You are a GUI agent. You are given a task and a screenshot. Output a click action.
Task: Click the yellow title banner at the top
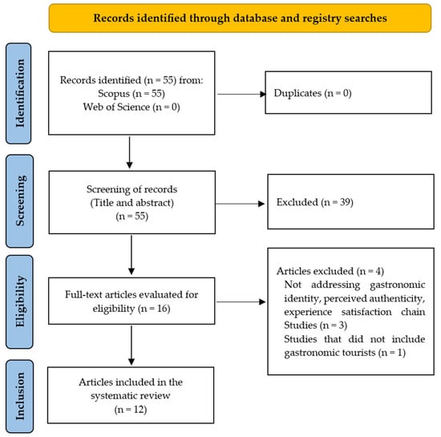click(x=240, y=18)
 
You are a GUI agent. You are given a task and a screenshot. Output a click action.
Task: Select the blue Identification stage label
click(x=18, y=93)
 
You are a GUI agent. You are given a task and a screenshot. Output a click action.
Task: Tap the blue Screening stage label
click(x=20, y=200)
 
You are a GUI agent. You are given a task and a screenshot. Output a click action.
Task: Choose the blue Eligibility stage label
click(x=19, y=301)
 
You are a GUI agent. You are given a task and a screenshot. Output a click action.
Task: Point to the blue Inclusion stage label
click(x=20, y=396)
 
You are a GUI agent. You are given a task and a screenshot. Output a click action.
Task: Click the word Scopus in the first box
click(x=114, y=94)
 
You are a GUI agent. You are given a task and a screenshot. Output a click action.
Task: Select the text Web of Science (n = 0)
click(x=131, y=107)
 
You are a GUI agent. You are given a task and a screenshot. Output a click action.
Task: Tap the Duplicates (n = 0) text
click(x=313, y=93)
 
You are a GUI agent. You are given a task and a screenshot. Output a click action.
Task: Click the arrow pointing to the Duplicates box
click(x=241, y=94)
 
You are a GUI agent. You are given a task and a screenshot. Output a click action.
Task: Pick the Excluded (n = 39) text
click(x=315, y=202)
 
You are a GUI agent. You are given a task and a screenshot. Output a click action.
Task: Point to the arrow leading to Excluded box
click(x=240, y=204)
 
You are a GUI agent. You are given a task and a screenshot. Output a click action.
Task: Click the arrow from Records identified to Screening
click(x=129, y=152)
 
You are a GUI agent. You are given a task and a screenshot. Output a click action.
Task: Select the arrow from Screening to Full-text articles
click(x=131, y=255)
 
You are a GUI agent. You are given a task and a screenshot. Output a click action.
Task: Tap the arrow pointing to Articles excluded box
click(x=241, y=301)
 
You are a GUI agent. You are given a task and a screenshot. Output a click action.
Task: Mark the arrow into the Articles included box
click(x=131, y=346)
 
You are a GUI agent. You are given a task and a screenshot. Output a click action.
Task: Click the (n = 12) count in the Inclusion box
click(x=131, y=410)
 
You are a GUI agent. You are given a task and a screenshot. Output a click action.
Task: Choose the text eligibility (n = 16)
click(x=131, y=309)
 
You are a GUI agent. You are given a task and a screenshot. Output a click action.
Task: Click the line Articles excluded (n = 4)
click(x=330, y=271)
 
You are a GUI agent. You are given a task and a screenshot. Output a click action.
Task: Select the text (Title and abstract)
click(x=132, y=203)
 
